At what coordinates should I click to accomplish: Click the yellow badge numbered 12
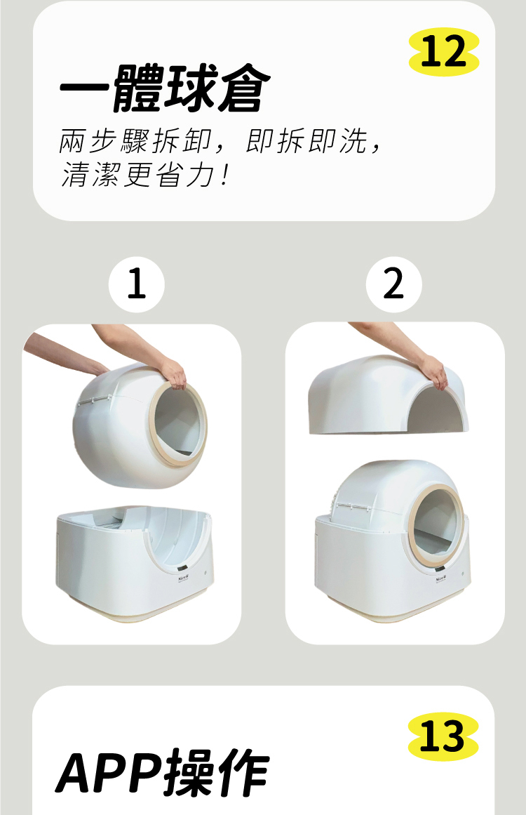pos(444,52)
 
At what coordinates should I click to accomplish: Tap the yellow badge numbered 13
pos(443,736)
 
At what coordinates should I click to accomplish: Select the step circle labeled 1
pos(137,285)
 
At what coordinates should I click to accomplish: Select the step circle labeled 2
pos(393,285)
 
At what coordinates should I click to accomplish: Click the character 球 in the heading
pos(190,89)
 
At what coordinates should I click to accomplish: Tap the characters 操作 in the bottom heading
pos(217,774)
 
